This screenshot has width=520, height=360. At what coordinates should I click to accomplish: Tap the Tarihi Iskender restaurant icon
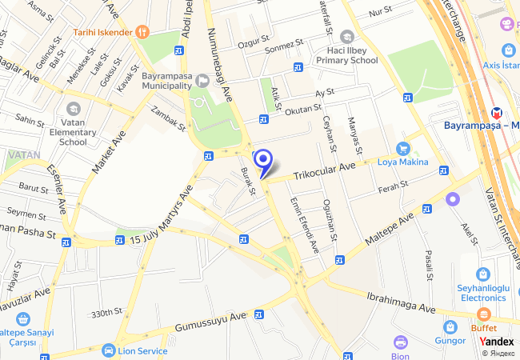pyautogui.click(x=142, y=32)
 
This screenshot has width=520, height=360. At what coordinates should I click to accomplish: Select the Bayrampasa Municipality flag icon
pyautogui.click(x=202, y=80)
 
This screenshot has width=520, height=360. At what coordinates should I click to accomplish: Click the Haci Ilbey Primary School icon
pyautogui.click(x=346, y=37)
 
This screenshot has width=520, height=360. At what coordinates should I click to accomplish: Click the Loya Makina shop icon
pyautogui.click(x=403, y=148)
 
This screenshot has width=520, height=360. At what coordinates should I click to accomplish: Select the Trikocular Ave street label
pyautogui.click(x=323, y=170)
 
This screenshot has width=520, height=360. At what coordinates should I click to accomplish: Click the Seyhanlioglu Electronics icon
pyautogui.click(x=482, y=274)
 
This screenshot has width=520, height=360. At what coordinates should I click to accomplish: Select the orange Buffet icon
pyautogui.click(x=482, y=315)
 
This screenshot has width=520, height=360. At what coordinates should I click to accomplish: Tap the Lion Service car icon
pyautogui.click(x=108, y=350)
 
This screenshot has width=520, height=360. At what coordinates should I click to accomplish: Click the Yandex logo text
pyautogui.click(x=497, y=342)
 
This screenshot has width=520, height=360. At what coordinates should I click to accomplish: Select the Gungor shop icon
pyautogui.click(x=450, y=327)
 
